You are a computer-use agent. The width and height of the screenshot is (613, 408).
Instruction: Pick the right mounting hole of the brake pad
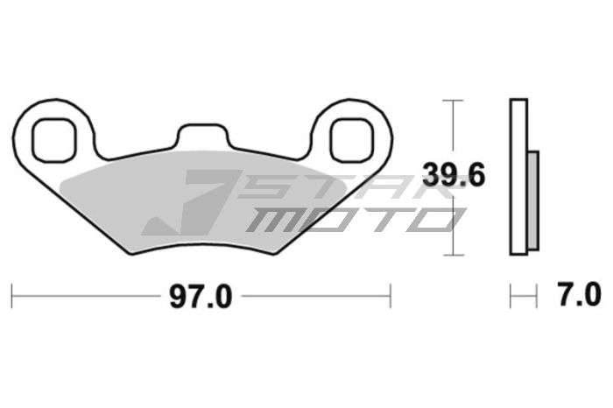351,137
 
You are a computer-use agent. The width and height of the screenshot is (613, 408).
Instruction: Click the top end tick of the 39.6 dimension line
452,101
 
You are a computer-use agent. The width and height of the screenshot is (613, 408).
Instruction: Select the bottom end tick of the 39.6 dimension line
452,255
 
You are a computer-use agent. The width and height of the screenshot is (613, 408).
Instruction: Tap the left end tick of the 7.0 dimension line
511,296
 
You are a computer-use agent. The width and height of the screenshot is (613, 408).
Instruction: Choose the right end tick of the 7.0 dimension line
536,296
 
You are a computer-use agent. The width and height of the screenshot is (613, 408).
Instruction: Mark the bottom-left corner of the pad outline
130,253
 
